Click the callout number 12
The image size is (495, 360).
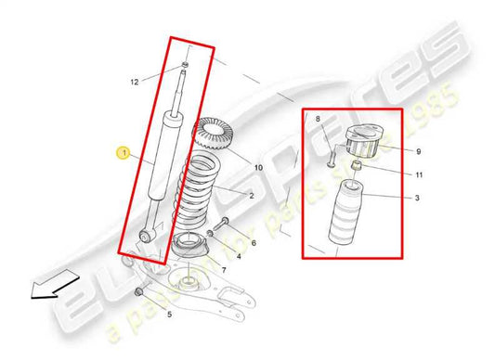[134, 82]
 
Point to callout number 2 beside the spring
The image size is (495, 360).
[251, 195]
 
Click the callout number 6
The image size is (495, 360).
[253, 243]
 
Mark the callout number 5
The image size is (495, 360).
[169, 315]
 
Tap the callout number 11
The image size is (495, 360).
[420, 174]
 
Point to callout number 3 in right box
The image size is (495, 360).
[419, 198]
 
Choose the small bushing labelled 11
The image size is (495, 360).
[356, 170]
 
